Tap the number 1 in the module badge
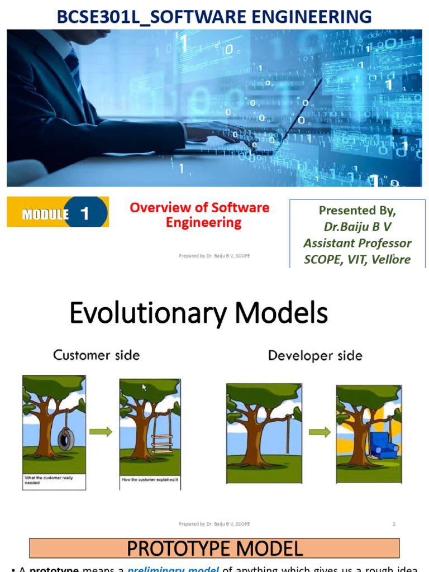(85, 213)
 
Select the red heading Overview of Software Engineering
(199, 215)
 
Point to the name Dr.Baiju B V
(357, 227)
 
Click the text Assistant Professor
(357, 243)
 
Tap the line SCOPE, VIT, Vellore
(357, 259)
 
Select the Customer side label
(96, 355)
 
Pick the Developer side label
(315, 355)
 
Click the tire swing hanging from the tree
(66, 438)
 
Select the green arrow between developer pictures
(320, 432)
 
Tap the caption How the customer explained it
(149, 480)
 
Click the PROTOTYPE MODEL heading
(214, 548)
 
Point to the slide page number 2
(394, 524)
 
